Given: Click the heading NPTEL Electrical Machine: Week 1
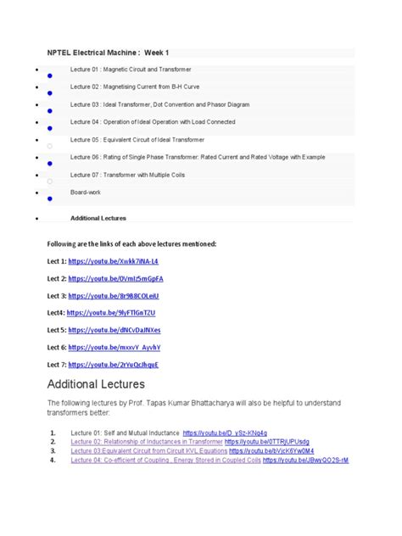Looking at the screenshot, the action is click(x=113, y=53).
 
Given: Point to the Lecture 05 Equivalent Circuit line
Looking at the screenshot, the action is click(x=137, y=139).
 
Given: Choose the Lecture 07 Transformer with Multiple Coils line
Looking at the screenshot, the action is click(x=134, y=175).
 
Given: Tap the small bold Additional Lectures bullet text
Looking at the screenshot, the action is click(x=98, y=218).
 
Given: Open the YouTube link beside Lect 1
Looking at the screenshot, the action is click(x=113, y=261).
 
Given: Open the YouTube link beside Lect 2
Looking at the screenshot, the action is click(x=116, y=278).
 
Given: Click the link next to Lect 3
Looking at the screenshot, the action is click(x=114, y=295).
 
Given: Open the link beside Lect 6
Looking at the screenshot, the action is click(x=114, y=348).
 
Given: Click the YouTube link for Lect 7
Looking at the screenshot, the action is click(x=114, y=365).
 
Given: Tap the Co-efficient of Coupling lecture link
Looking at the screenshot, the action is click(x=165, y=461).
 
